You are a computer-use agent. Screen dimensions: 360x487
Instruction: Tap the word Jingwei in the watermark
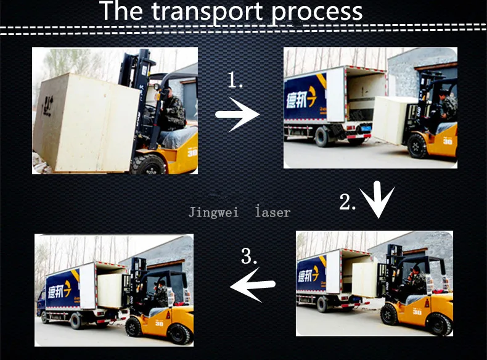pyautogui.click(x=214, y=213)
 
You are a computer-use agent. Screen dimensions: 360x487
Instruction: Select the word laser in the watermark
pyautogui.click(x=272, y=213)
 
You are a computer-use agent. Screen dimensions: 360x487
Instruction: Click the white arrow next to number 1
pyautogui.click(x=237, y=114)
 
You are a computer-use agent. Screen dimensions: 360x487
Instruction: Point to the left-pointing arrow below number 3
pyautogui.click(x=253, y=284)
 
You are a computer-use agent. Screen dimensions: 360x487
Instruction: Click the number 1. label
pyautogui.click(x=235, y=80)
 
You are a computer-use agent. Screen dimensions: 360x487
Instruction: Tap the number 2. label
pyautogui.click(x=348, y=202)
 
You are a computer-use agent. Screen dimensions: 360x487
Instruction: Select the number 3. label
pyautogui.click(x=248, y=256)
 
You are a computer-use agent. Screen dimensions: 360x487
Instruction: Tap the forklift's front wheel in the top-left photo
pyautogui.click(x=148, y=163)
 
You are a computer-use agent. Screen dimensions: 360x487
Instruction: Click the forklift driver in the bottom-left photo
pyautogui.click(x=161, y=293)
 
